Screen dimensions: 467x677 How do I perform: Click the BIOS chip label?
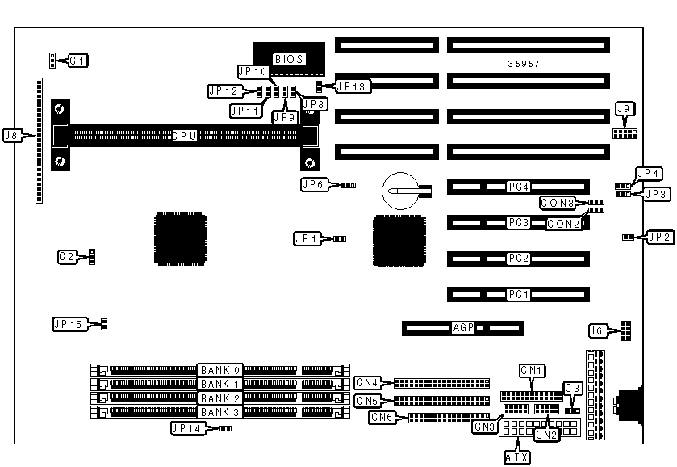pyautogui.click(x=289, y=59)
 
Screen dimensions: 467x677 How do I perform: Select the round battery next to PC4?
pyautogui.click(x=399, y=191)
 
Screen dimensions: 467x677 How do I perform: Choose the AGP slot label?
pyautogui.click(x=463, y=328)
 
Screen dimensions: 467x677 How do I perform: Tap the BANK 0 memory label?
pyautogui.click(x=220, y=369)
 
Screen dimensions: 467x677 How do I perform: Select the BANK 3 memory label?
pyautogui.click(x=220, y=413)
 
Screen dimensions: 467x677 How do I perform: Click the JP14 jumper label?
pyautogui.click(x=187, y=428)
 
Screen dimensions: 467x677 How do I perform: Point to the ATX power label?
pyautogui.click(x=517, y=457)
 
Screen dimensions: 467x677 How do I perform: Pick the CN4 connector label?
pyautogui.click(x=367, y=381)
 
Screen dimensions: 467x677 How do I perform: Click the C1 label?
pyautogui.click(x=77, y=60)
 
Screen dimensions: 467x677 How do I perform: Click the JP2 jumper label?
pyautogui.click(x=658, y=237)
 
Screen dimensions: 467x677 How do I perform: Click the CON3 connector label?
pyautogui.click(x=558, y=203)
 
